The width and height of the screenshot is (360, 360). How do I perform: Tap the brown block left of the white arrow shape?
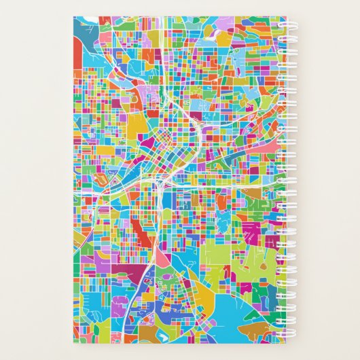click(154, 334)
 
